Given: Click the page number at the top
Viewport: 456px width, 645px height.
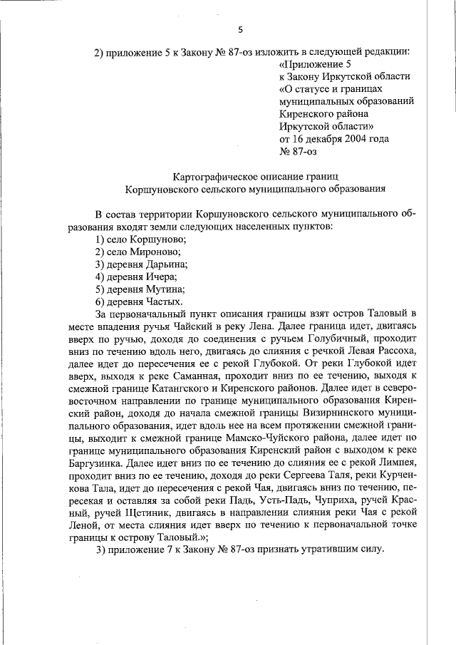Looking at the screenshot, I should pos(240,29).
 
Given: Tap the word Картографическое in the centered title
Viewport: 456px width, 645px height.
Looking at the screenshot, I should pos(215,176).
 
